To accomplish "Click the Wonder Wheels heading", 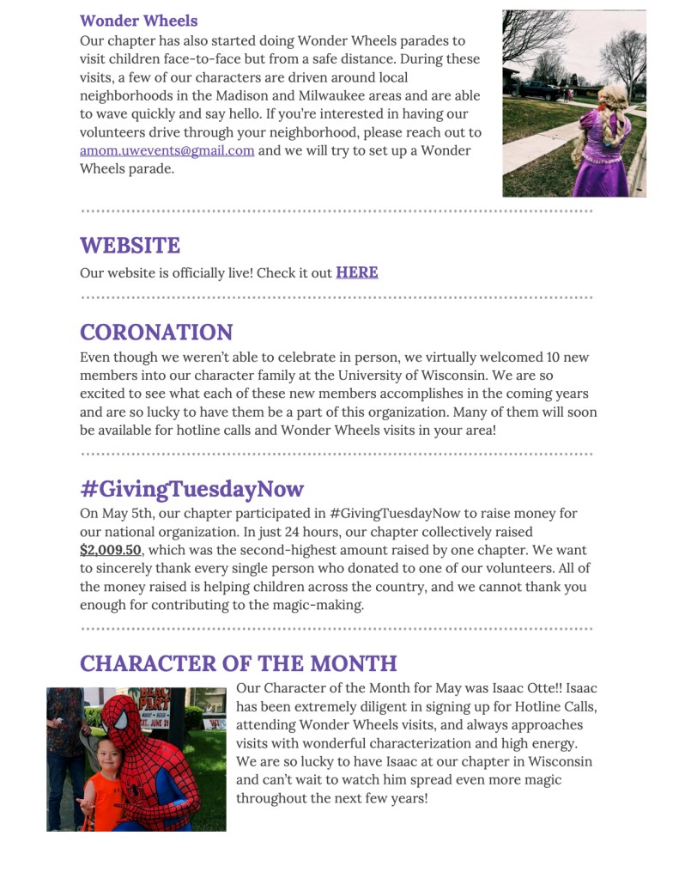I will pyautogui.click(x=138, y=21).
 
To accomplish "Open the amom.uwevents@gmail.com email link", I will pyautogui.click(x=167, y=150).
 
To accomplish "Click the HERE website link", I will pyautogui.click(x=356, y=272).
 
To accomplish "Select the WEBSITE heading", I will pyautogui.click(x=130, y=245).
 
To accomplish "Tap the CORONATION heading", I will pyautogui.click(x=156, y=333).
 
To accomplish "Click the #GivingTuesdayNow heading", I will pyautogui.click(x=191, y=489).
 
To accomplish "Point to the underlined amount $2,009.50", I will pyautogui.click(x=111, y=550).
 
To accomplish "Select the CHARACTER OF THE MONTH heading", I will pyautogui.click(x=238, y=663).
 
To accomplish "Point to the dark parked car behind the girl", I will pyautogui.click(x=538, y=89).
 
